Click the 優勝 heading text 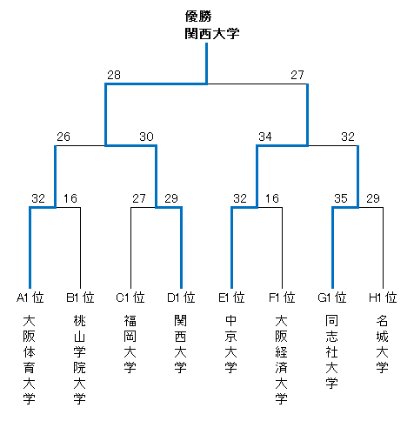(198, 17)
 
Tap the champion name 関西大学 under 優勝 (212, 34)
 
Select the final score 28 (114, 75)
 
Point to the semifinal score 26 (63, 137)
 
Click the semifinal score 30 (146, 137)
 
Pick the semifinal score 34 (265, 137)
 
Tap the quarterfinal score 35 (341, 198)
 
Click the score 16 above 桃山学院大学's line (70, 198)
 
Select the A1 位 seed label (30, 297)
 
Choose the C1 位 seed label (130, 297)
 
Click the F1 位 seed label (282, 297)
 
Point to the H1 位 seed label (383, 297)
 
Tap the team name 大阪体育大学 (29, 360)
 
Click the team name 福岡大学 (130, 344)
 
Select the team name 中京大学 (231, 344)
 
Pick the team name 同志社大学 (331, 352)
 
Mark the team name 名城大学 (383, 344)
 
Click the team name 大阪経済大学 (282, 360)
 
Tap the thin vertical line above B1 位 (80, 248)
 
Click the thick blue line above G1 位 (332, 248)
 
